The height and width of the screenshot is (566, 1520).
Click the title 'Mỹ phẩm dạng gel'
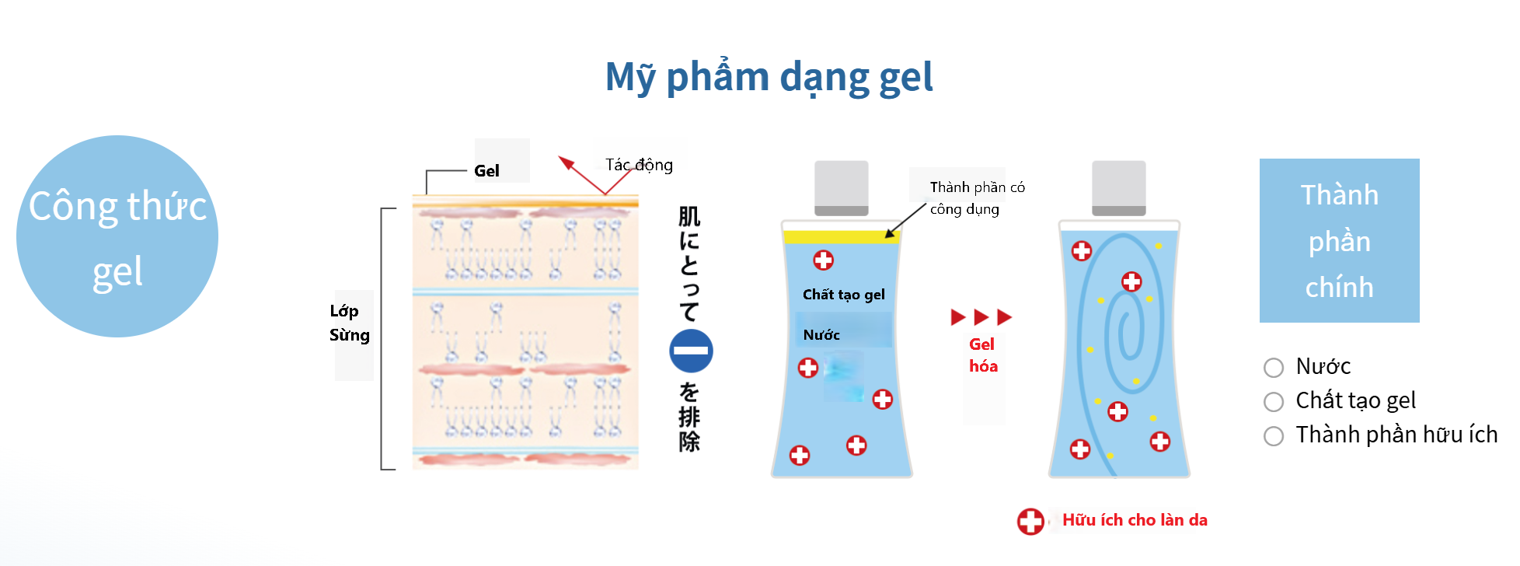click(x=769, y=78)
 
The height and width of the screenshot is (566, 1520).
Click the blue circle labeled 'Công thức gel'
click(x=117, y=236)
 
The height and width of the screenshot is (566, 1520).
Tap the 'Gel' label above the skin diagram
click(x=486, y=171)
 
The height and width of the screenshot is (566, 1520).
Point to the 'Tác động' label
click(x=639, y=165)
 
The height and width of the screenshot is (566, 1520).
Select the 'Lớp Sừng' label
click(x=349, y=323)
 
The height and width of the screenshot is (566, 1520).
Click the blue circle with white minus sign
click(x=691, y=351)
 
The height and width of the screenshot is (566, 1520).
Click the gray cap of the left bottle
click(x=842, y=188)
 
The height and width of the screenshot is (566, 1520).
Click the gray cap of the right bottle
click(x=1119, y=188)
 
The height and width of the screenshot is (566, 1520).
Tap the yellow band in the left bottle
click(x=842, y=236)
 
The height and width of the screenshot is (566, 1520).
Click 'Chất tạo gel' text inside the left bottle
click(x=844, y=295)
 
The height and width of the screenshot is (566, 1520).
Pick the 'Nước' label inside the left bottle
click(x=821, y=335)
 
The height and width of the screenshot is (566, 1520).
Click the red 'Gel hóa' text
click(x=983, y=355)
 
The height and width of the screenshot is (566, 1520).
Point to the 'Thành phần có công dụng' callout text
click(x=977, y=198)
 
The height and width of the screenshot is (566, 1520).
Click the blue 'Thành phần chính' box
click(x=1340, y=241)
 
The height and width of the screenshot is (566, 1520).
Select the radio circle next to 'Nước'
click(x=1274, y=368)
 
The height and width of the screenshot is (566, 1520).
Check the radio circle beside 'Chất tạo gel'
click(x=1274, y=402)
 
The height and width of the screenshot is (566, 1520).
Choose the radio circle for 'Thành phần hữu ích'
click(x=1274, y=436)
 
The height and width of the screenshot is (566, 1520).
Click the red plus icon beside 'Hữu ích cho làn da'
click(x=1031, y=522)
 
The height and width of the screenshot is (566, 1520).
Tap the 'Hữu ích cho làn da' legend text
click(x=1135, y=520)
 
